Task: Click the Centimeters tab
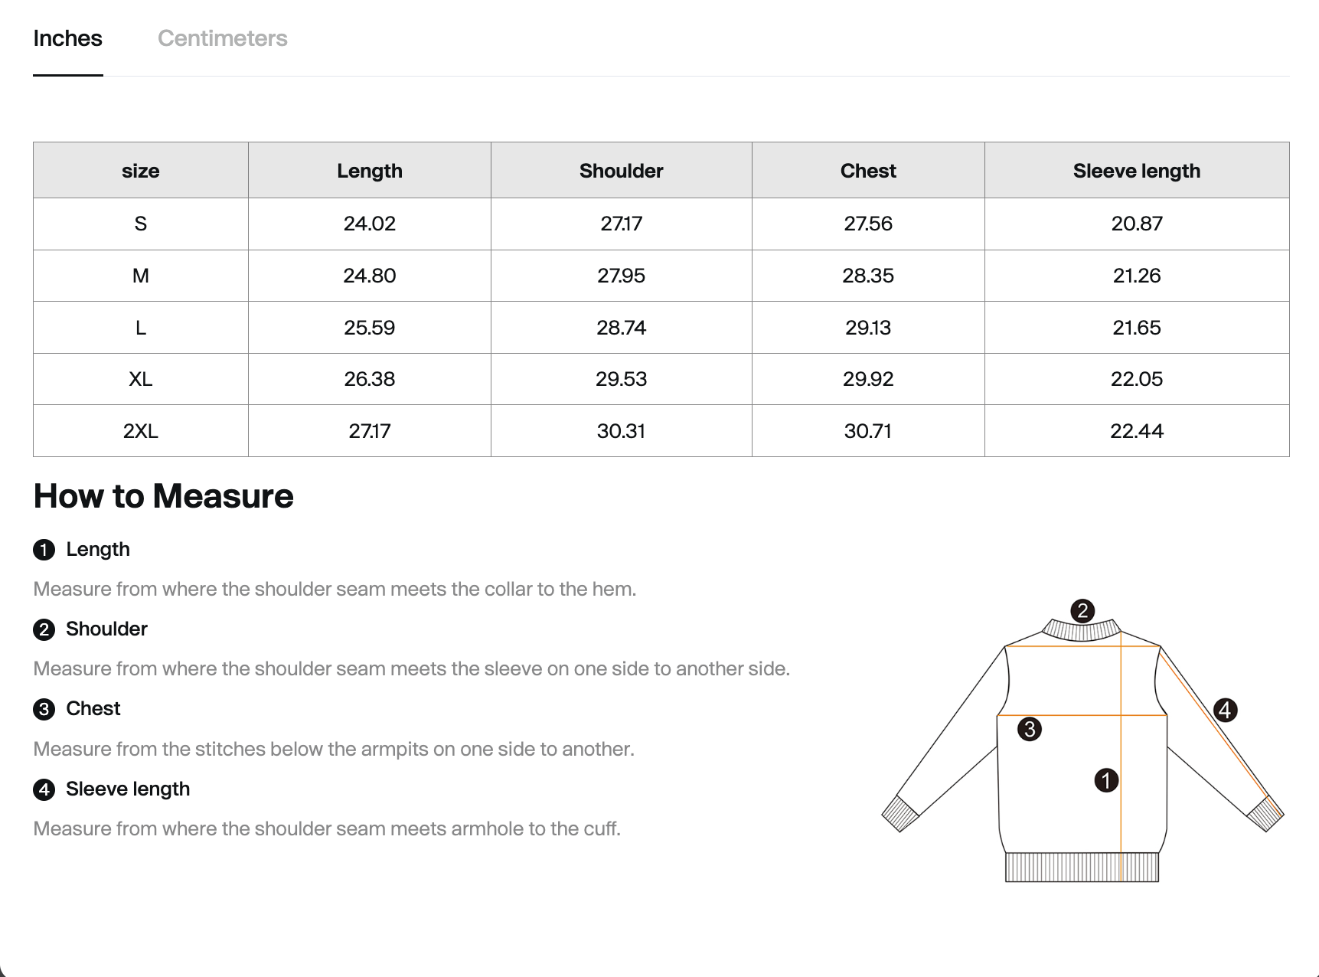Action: (x=222, y=38)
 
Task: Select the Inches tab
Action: (x=67, y=38)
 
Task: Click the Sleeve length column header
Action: (x=1136, y=171)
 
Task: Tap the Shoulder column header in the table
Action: (x=621, y=171)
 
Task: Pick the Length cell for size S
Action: (x=369, y=224)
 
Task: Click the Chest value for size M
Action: (x=867, y=276)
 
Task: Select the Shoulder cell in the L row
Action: (x=621, y=328)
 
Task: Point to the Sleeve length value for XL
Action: (x=1136, y=379)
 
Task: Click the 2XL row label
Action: (x=140, y=431)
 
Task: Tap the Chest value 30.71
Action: (x=867, y=431)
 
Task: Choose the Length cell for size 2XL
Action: (x=369, y=431)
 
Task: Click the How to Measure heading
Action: (x=163, y=496)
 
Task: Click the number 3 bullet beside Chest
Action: (x=44, y=709)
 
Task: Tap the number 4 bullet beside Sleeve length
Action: (x=44, y=789)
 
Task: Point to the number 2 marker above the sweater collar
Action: (x=1082, y=611)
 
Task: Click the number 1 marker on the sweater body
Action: (x=1106, y=780)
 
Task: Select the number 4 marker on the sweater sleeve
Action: (x=1225, y=710)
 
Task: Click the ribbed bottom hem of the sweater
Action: (x=1081, y=868)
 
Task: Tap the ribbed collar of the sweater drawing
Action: (x=1081, y=631)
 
